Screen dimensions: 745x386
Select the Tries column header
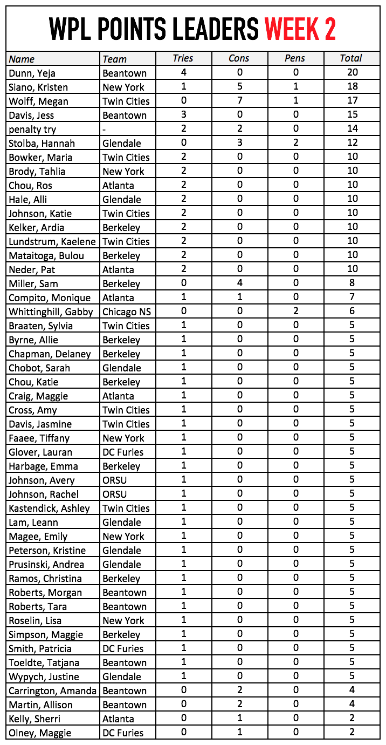(x=183, y=58)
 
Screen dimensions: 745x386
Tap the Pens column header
(x=295, y=58)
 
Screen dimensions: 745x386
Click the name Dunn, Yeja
(x=32, y=73)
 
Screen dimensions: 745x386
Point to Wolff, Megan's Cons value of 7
(x=239, y=101)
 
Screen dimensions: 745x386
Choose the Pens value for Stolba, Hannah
(x=295, y=143)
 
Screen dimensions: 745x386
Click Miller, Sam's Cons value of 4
(x=239, y=283)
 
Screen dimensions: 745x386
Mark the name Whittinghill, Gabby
(x=51, y=311)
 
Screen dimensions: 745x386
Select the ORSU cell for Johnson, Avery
(x=115, y=480)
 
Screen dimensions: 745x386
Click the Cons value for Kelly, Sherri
(x=239, y=719)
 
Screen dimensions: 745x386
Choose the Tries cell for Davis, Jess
(x=183, y=114)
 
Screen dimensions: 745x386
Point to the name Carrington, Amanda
(x=52, y=690)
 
